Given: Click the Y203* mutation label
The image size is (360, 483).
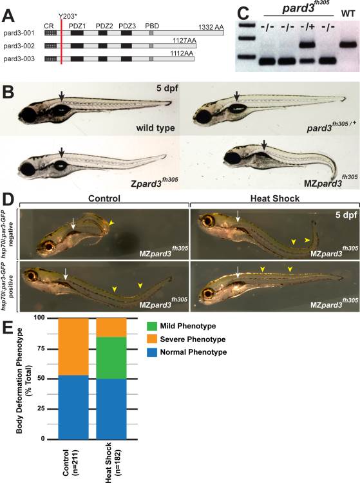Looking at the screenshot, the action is point(68,16).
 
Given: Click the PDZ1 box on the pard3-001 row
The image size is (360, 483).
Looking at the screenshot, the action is point(77,33).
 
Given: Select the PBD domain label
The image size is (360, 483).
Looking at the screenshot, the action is point(152,26).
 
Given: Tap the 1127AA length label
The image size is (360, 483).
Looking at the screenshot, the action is point(184,40).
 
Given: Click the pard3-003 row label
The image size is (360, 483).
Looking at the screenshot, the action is point(19,59).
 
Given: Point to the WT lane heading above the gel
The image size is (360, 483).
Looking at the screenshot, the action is point(348,14).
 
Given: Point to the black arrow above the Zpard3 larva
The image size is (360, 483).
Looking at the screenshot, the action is point(62,152).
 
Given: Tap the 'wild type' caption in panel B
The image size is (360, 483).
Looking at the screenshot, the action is point(155,128).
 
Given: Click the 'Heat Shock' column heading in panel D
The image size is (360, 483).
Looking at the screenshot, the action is point(275,198).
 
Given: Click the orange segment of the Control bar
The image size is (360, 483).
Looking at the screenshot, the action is point(73,347).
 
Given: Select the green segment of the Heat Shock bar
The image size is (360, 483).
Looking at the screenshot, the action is point(111,358).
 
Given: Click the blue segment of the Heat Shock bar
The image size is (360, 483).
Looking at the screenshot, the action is point(111,409).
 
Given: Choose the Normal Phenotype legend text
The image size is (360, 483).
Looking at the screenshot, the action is point(193,352).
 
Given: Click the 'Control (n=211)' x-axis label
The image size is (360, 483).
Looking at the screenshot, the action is point(70,462).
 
